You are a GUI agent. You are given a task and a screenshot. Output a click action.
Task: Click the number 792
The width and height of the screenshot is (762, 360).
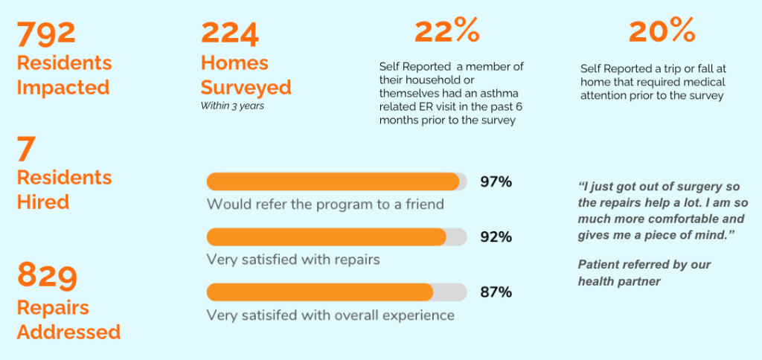47,33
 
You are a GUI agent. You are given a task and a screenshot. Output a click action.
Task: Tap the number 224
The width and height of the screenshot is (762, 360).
230,33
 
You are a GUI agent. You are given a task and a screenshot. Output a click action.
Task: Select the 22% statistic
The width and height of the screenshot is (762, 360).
447,31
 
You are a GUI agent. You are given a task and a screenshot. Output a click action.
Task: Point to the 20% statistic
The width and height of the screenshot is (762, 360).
662,31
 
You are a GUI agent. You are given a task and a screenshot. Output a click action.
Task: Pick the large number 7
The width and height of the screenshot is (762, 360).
25,150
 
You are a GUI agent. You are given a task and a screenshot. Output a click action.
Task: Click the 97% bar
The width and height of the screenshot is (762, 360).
337,181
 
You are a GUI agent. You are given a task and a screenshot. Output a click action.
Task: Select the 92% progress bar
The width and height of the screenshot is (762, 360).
337,237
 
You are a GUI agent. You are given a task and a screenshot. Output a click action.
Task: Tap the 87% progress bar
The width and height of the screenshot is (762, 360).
337,292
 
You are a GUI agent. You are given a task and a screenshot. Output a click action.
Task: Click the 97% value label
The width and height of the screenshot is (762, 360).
496,182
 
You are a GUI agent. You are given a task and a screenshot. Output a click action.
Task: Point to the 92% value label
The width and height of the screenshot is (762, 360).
496,237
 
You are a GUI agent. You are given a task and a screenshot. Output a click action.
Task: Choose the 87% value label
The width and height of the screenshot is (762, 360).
496,292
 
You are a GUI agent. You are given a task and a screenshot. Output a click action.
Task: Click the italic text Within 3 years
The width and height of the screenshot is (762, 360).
232,106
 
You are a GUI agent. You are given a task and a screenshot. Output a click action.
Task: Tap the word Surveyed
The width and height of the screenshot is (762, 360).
246,88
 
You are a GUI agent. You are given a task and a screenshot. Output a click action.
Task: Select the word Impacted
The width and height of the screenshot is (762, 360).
63,88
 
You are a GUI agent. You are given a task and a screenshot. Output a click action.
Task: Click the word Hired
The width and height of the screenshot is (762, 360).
43,202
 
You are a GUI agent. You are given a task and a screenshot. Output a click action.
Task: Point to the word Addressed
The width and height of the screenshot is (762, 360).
68,332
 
